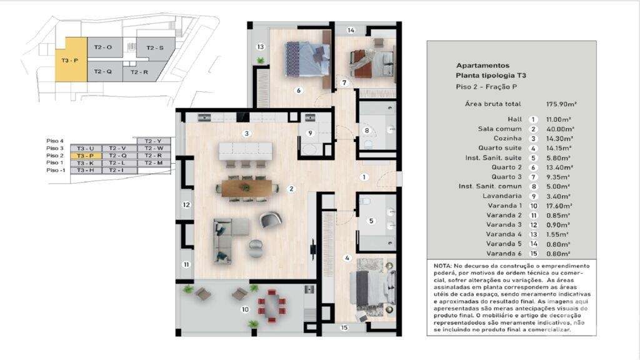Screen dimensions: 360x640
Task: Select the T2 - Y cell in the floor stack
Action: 153,141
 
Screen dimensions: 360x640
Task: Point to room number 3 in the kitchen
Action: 247,133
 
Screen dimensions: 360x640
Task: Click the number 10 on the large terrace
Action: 244,309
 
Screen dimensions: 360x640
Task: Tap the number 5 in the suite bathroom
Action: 371,220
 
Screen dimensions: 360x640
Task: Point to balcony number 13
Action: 261,46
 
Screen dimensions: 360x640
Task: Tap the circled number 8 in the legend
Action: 533,186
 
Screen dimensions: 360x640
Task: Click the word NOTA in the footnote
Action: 443,266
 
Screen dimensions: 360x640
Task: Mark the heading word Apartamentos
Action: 482,65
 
